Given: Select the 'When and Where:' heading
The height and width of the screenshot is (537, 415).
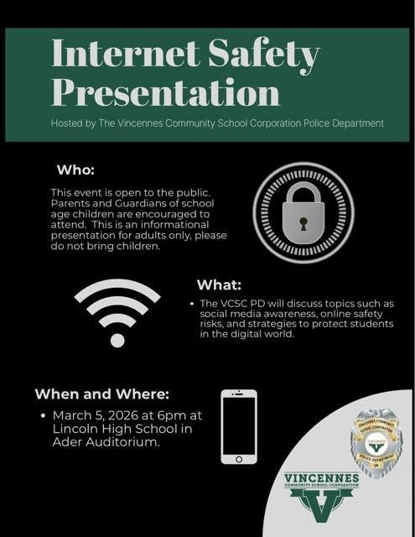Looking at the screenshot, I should (x=100, y=393).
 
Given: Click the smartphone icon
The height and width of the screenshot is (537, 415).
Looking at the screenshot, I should (x=239, y=426).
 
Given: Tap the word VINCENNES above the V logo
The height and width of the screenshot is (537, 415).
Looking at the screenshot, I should (x=321, y=478).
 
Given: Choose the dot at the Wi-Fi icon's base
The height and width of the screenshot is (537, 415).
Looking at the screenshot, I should (x=117, y=340).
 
